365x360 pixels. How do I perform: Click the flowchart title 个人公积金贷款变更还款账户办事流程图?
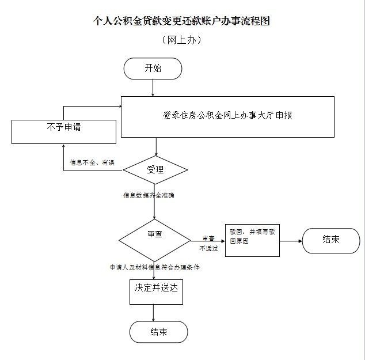click(182, 21)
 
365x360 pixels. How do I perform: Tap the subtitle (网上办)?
click(182, 40)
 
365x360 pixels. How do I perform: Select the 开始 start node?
click(153, 69)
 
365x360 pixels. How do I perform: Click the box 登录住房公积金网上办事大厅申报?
click(227, 116)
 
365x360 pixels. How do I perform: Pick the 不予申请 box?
click(64, 131)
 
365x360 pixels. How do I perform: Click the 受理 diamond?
click(155, 170)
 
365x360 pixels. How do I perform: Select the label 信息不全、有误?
click(92, 163)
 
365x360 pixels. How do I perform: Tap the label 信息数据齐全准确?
click(149, 195)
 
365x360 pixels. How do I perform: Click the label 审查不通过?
click(208, 244)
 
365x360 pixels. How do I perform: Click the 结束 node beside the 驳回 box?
click(331, 240)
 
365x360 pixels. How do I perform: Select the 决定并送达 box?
click(155, 291)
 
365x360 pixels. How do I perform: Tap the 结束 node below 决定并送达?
click(159, 332)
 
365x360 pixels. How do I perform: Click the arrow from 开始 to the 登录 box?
click(153, 88)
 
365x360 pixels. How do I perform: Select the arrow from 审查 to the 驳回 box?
click(207, 240)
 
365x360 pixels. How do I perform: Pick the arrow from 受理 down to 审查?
click(154, 204)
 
